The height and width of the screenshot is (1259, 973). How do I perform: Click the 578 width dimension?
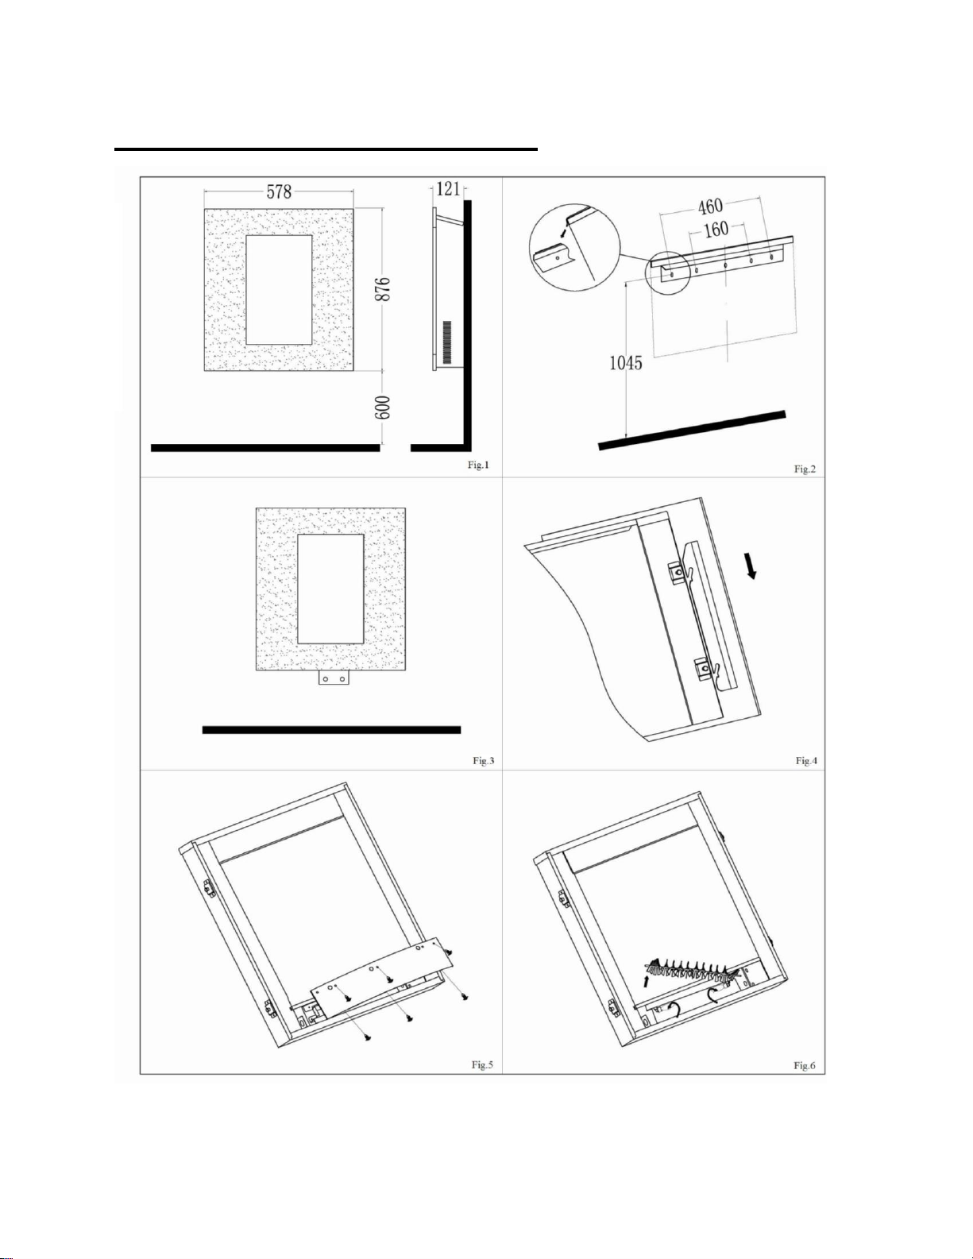pos(279,191)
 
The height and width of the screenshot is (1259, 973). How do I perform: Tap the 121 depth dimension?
pos(448,189)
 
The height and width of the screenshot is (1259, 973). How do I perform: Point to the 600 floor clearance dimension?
pos(386,407)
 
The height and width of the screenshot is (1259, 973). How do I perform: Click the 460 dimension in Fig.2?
pos(711,206)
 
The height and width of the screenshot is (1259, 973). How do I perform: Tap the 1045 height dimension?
pos(626,363)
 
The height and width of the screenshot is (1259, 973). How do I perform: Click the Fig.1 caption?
pos(478,465)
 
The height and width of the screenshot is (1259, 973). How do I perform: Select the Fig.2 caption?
pos(805,469)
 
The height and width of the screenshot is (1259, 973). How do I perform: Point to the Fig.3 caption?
pos(483,761)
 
